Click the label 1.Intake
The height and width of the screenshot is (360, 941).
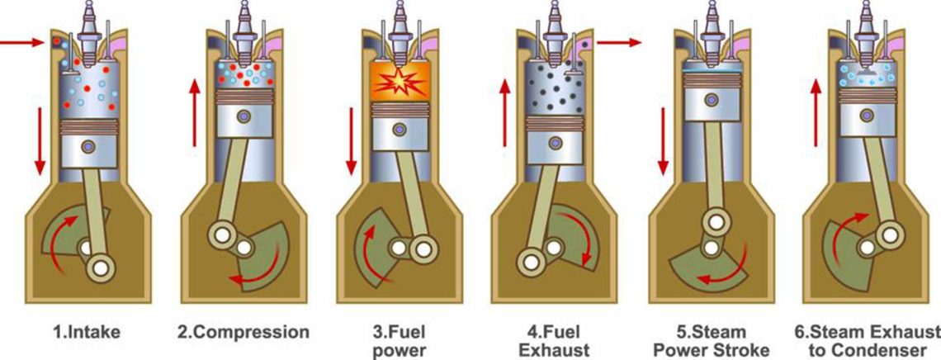(x=87, y=334)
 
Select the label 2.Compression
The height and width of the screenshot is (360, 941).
(x=244, y=334)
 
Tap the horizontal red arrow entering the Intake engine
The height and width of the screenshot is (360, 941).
(x=22, y=40)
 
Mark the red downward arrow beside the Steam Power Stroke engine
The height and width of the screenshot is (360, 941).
(x=661, y=140)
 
